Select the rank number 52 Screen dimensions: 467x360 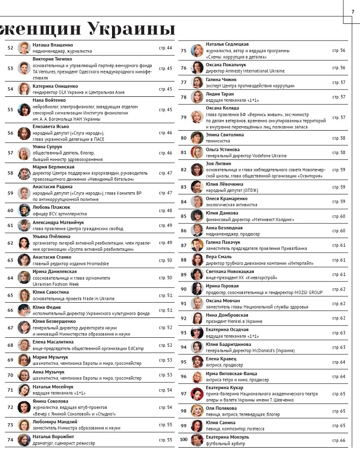[10, 48]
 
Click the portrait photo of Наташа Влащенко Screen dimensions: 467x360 [24, 48]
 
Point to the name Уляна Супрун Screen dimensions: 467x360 [47, 147]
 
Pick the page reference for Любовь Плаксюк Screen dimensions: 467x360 [166, 211]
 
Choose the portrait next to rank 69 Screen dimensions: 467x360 [24, 360]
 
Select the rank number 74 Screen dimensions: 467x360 [10, 440]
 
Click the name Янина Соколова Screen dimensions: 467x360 [51, 401]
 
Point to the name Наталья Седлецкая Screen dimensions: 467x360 [227, 44]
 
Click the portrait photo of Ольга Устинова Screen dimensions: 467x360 [197, 152]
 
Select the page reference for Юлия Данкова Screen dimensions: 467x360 [339, 217]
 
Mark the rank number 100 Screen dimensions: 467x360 [183, 440]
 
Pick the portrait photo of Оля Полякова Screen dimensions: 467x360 [197, 411]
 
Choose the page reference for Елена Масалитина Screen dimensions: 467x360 [166, 345]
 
